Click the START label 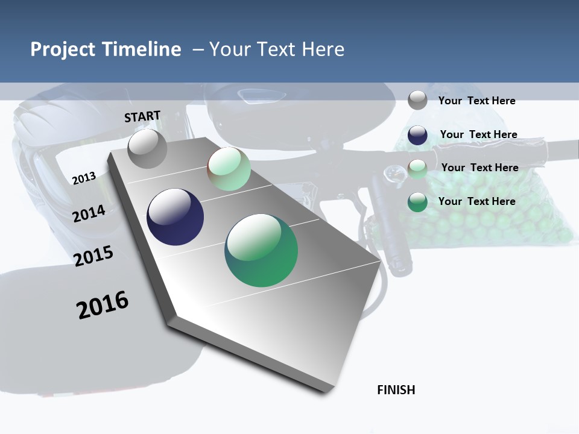click(142, 116)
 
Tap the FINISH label click(396, 390)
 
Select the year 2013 click(84, 178)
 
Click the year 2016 click(103, 305)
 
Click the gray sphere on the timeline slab click(148, 149)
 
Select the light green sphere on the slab click(229, 169)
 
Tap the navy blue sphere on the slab click(176, 217)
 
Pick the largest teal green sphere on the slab click(261, 250)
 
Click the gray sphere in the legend click(417, 101)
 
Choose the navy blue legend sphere click(417, 135)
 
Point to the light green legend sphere click(417, 168)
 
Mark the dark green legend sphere click(417, 202)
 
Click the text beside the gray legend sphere click(476, 101)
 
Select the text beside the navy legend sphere click(478, 134)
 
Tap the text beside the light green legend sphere click(479, 168)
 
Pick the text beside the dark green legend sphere click(476, 201)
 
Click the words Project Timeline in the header click(106, 49)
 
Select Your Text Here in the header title click(276, 49)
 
